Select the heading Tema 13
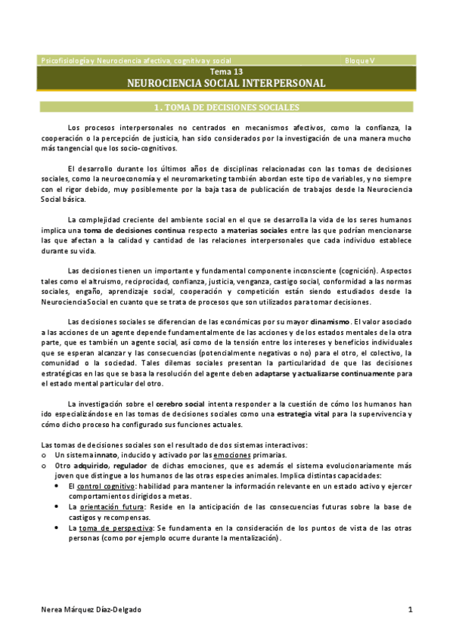coord(226,71)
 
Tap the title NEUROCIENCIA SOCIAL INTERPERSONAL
coord(226,82)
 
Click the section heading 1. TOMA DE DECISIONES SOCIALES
coord(226,107)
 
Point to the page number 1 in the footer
coord(409,609)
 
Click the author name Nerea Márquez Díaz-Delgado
coord(90,609)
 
